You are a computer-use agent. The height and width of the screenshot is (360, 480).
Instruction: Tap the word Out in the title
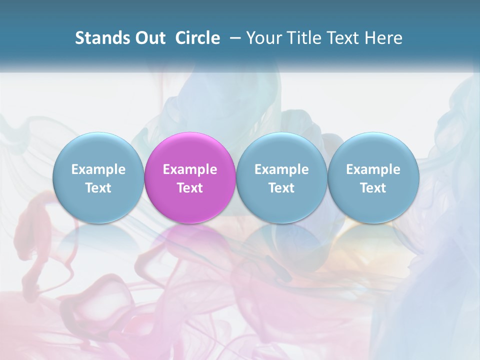tap(149, 38)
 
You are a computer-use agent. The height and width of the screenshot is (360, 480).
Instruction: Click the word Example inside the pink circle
tap(190, 169)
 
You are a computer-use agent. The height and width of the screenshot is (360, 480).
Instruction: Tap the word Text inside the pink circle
tap(190, 188)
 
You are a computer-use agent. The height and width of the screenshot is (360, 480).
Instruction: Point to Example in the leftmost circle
tap(98, 169)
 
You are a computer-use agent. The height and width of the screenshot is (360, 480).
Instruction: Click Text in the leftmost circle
tap(98, 188)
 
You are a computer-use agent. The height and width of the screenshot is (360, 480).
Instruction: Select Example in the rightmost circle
tap(373, 169)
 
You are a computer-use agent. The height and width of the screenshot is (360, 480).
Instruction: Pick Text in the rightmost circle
tap(373, 188)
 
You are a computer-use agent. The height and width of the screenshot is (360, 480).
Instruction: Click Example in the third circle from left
tap(281, 169)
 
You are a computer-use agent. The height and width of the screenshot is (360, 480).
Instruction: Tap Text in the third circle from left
tap(281, 188)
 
